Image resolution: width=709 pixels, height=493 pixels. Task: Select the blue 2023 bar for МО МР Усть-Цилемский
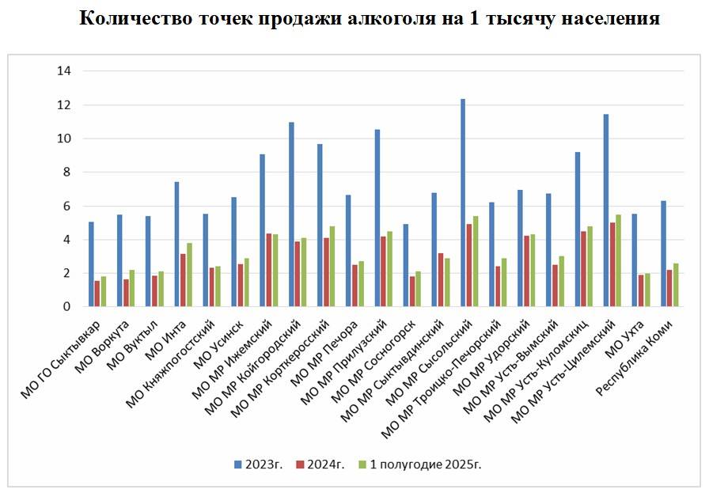click(x=605, y=210)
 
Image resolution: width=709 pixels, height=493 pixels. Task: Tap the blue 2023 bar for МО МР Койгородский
click(x=291, y=214)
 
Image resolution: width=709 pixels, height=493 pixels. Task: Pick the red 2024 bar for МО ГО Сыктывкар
click(x=97, y=294)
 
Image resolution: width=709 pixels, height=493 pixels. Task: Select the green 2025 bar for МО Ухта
click(x=646, y=290)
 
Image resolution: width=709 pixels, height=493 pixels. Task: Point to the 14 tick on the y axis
click(x=64, y=71)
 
